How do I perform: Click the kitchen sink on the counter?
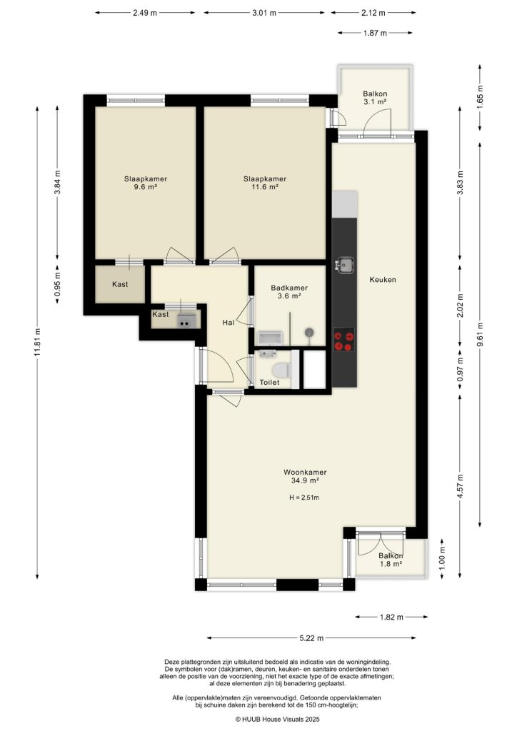click(346, 265)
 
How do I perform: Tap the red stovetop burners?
click(344, 340)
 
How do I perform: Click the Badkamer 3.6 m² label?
click(289, 292)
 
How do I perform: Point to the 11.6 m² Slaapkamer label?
click(265, 183)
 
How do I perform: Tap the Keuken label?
click(382, 280)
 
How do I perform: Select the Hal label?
click(229, 323)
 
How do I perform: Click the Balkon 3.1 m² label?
click(374, 98)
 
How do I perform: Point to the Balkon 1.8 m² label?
click(391, 560)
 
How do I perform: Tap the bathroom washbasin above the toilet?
click(268, 352)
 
